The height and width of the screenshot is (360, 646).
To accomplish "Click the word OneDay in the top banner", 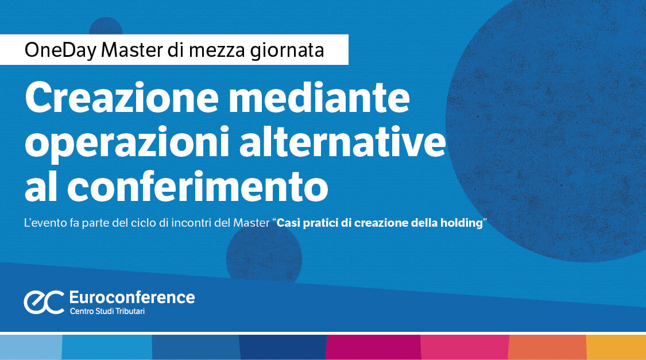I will (x=60, y=50).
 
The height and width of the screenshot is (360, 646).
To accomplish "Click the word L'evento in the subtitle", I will (x=44, y=222).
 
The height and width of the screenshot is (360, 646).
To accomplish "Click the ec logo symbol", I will (x=43, y=302).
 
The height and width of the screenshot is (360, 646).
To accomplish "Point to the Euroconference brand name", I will (x=131, y=297).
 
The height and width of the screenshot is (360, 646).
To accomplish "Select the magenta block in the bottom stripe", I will (x=373, y=347).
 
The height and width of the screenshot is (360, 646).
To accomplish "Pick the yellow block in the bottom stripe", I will (x=616, y=347).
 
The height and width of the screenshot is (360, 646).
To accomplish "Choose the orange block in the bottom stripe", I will (x=547, y=347).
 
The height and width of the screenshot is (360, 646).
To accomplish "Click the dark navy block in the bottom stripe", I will (x=283, y=347).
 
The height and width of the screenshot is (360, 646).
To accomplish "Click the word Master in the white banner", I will (x=133, y=50).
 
